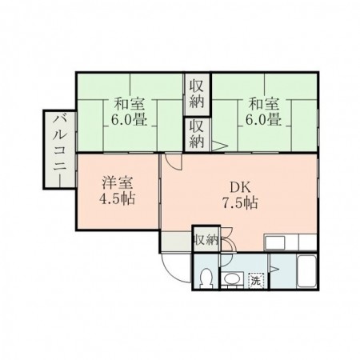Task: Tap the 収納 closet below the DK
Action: [206, 238]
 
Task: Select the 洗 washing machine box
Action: [256, 280]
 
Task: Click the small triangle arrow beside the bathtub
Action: [275, 269]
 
